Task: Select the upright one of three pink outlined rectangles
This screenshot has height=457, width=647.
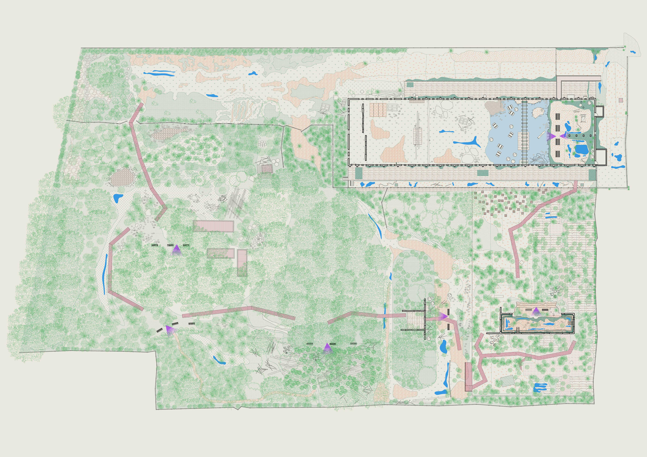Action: pos(242,263)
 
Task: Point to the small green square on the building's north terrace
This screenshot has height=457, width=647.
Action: pos(410,84)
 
